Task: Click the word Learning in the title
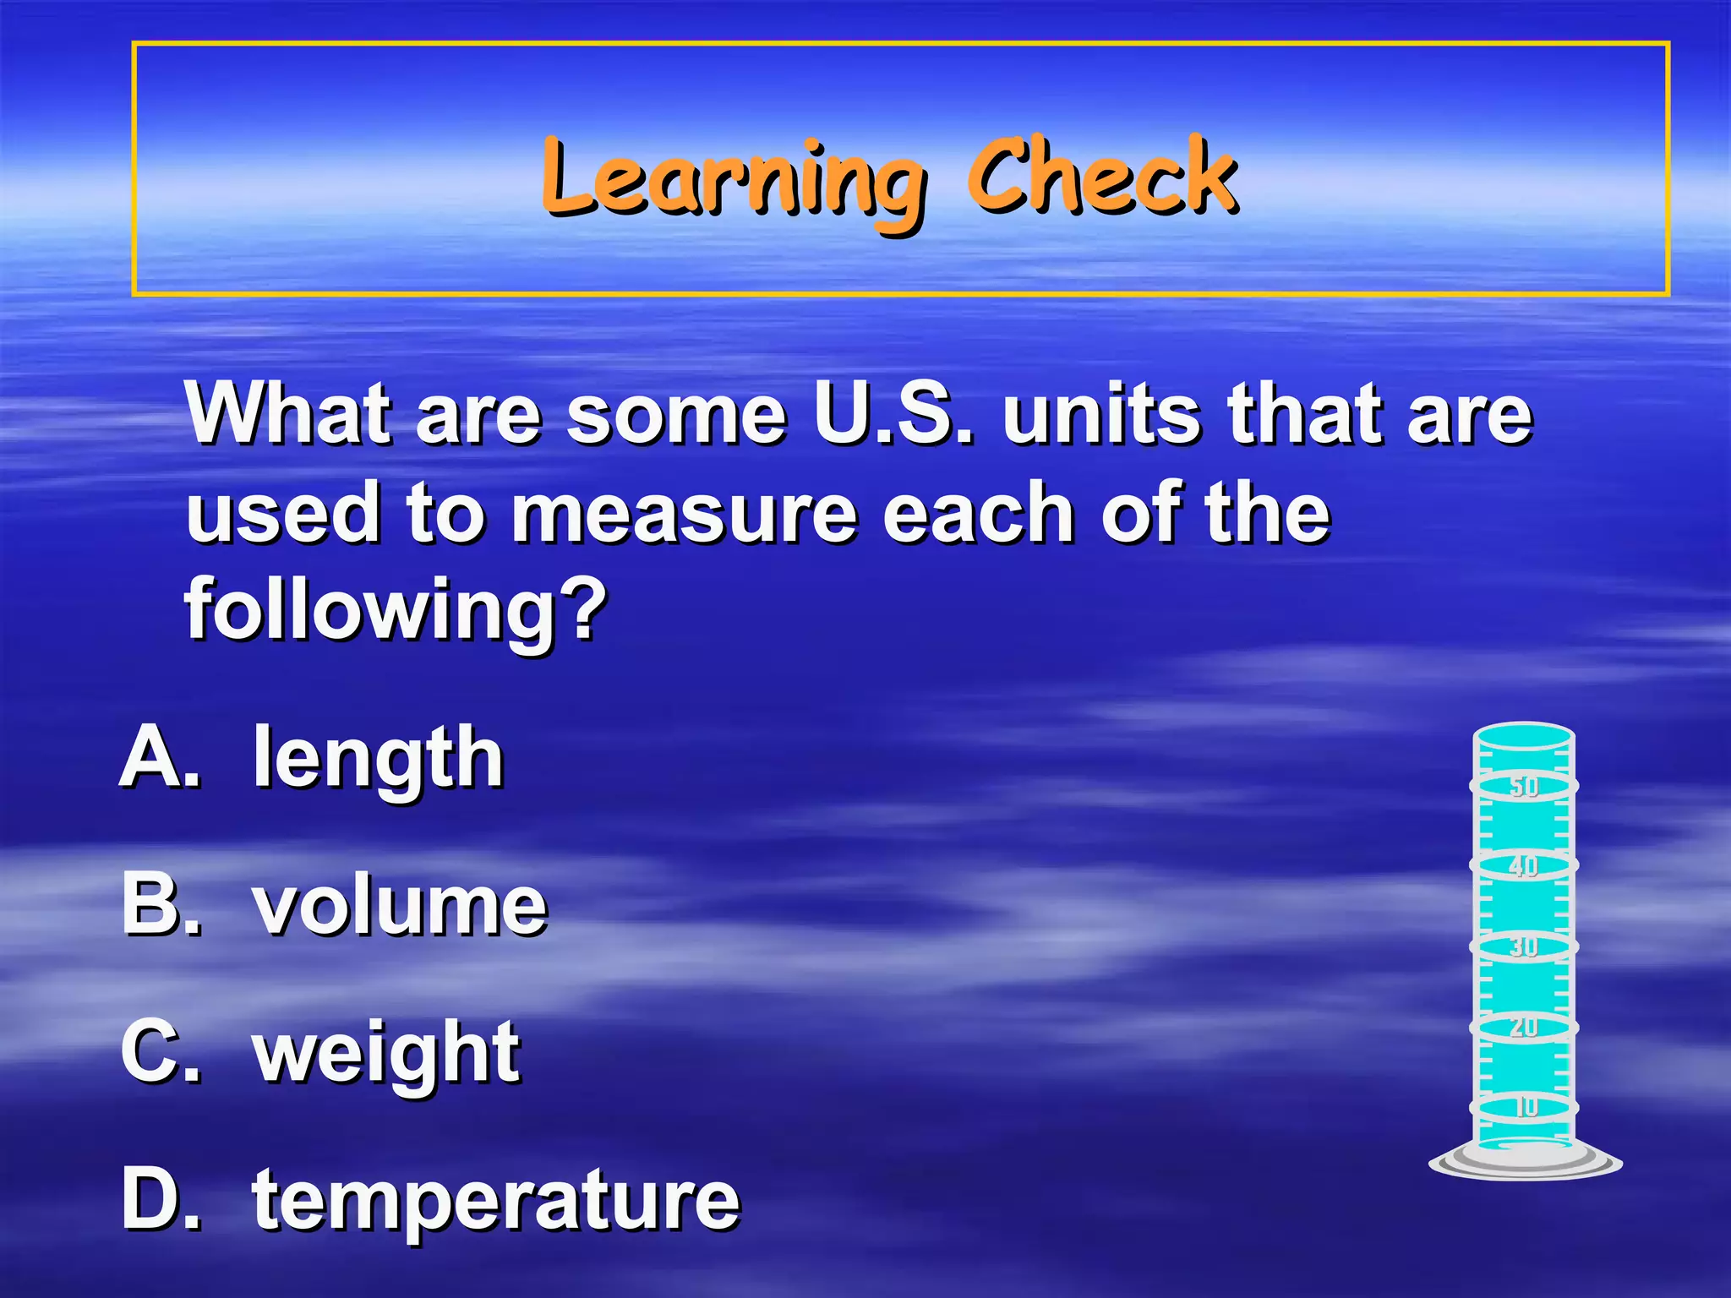[x=732, y=179]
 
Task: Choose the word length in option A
[x=379, y=759]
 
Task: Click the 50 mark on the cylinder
[x=1524, y=787]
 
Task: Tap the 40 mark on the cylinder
[x=1524, y=866]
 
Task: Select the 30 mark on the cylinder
[x=1524, y=946]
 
